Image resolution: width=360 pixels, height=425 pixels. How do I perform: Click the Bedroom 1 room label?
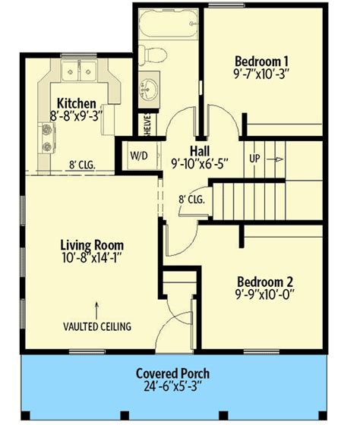tap(261, 61)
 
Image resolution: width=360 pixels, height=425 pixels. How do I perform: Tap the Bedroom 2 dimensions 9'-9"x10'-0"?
tap(265, 294)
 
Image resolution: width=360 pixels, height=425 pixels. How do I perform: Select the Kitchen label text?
tap(77, 103)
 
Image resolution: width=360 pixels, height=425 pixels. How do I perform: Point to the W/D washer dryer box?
tap(140, 156)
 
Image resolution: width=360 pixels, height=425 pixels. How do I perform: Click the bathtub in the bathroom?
tap(169, 24)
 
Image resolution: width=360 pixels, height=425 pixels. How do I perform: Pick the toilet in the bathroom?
tap(153, 55)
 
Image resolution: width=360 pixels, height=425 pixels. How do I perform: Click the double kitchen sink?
tap(79, 71)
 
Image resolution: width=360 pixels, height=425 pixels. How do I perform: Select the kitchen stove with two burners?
tap(47, 138)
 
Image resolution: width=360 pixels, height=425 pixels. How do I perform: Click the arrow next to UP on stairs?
tap(275, 159)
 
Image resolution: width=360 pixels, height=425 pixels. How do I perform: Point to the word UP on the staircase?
tap(254, 159)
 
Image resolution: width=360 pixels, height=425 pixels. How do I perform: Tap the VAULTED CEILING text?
tap(97, 326)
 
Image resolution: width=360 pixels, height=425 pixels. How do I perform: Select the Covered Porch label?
tap(172, 373)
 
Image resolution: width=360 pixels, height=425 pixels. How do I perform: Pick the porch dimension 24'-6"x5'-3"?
tap(172, 386)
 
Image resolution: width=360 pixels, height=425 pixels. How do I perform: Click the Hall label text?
tap(200, 151)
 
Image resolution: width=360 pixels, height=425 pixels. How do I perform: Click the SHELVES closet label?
tap(147, 125)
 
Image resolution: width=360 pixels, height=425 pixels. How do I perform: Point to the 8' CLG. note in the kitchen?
tap(82, 165)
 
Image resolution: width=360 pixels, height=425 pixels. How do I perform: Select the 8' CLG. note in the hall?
tap(191, 200)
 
